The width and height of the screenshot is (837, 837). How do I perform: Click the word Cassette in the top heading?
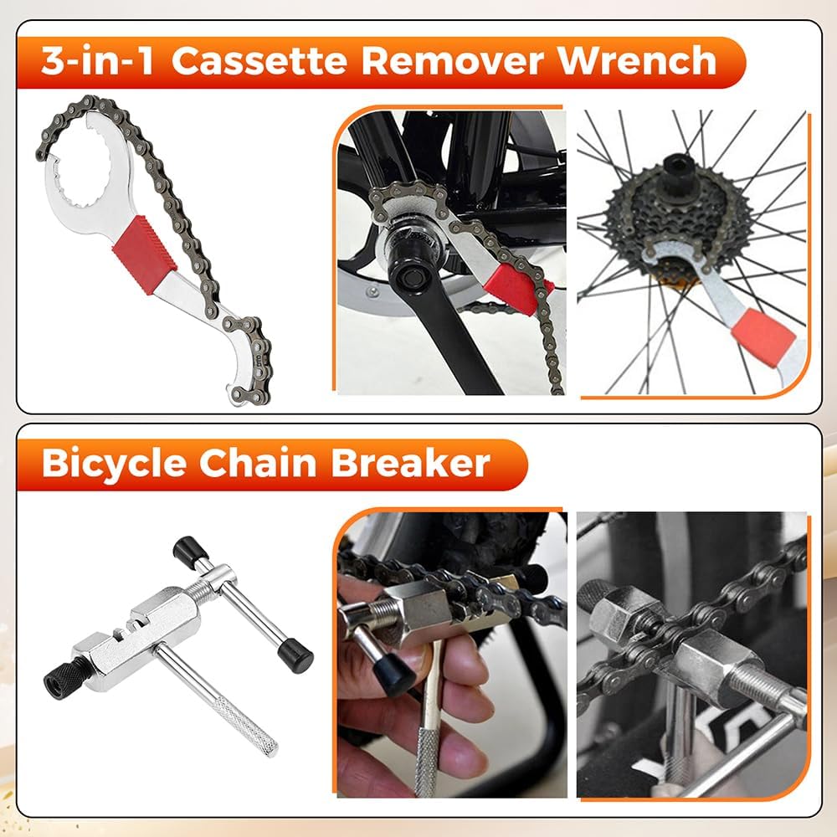(259, 61)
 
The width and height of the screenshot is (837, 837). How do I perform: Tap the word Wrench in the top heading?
(636, 61)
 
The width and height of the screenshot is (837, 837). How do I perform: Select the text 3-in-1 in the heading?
(98, 61)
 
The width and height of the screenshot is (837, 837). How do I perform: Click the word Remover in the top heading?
(453, 61)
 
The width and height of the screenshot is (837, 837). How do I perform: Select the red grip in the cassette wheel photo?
(763, 338)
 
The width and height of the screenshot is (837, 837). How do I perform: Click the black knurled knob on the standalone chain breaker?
(59, 674)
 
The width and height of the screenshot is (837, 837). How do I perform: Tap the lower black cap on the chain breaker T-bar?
(295, 655)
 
